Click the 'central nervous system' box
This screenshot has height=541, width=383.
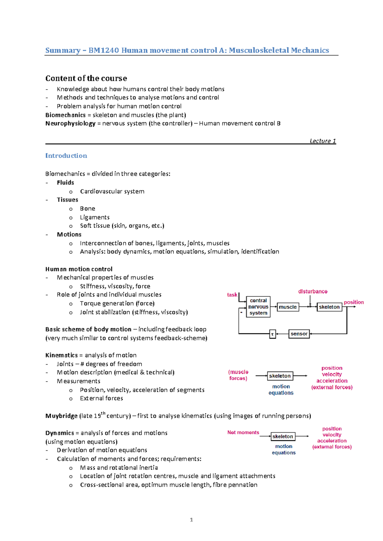click(258, 307)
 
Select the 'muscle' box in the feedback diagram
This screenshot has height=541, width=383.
click(288, 307)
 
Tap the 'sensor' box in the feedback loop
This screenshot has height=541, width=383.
click(299, 334)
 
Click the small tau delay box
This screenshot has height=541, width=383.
click(273, 334)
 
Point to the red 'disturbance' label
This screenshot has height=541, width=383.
click(312, 291)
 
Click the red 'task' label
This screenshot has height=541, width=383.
click(232, 295)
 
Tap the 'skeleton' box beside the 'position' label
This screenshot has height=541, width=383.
click(329, 307)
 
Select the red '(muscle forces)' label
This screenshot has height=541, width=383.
click(238, 375)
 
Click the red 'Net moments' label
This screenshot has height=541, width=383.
click(243, 432)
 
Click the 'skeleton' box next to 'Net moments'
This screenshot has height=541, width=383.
click(283, 436)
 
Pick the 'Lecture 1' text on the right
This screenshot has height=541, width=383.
click(322, 141)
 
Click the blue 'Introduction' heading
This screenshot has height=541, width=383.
click(66, 156)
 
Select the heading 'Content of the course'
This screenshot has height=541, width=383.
click(86, 78)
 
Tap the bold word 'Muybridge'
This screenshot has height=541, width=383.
click(61, 416)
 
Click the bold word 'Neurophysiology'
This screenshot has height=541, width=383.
click(70, 123)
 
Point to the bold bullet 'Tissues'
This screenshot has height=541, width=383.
click(67, 200)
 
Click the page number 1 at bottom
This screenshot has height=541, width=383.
click(191, 520)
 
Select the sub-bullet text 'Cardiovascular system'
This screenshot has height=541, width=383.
click(112, 191)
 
